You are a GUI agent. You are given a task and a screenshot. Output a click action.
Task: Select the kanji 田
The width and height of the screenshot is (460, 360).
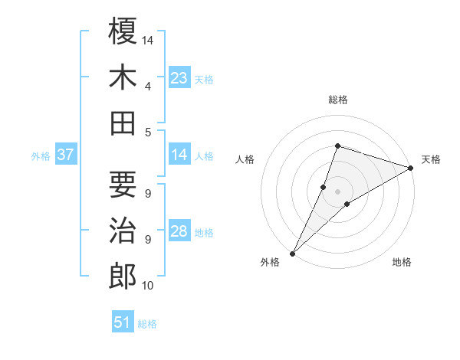tap(123, 123)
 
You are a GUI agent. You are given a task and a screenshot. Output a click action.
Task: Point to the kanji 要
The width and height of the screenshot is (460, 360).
tap(123, 184)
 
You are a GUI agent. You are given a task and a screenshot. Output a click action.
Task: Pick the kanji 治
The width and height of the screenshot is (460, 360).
tap(123, 230)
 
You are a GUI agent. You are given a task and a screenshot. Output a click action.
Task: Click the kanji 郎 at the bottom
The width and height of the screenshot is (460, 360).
tap(123, 276)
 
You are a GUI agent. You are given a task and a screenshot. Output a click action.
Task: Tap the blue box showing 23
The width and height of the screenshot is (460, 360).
tap(179, 77)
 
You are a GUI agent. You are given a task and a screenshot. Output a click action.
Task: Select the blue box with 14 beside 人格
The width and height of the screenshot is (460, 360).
tap(179, 155)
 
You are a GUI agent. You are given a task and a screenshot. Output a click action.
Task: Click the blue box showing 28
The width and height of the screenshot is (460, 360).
tap(179, 231)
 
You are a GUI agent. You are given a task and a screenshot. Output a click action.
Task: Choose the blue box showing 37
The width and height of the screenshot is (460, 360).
tap(65, 155)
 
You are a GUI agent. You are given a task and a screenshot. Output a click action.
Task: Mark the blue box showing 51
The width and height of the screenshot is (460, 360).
tap(123, 322)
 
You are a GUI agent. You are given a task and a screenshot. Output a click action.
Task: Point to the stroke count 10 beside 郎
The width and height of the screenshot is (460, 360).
tap(148, 286)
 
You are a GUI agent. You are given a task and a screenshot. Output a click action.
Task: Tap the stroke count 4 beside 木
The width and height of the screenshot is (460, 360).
tap(148, 86)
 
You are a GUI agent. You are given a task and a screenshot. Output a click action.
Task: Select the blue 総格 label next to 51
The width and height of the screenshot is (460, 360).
tap(147, 324)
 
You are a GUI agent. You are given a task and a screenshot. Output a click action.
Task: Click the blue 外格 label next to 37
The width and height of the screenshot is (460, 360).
tap(41, 156)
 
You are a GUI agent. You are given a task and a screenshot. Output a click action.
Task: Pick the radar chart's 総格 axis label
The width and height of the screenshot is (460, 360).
tap(337, 100)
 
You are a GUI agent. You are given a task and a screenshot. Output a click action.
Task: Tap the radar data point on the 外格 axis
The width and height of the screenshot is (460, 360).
tap(292, 253)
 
